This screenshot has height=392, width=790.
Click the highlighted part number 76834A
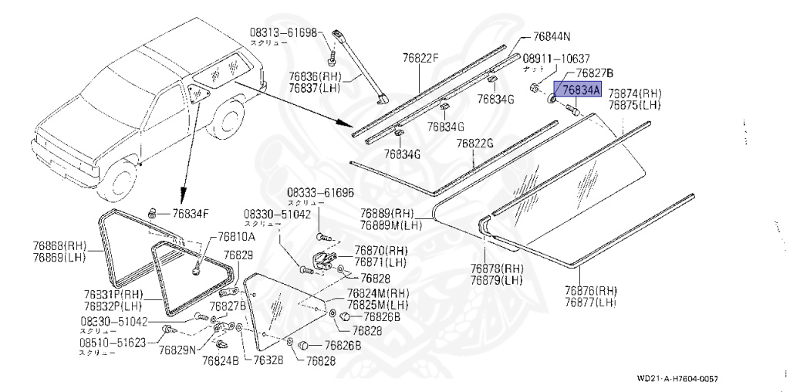pos(581,91)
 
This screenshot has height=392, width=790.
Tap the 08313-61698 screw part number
pos(283,32)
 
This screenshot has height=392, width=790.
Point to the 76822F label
pos(420,57)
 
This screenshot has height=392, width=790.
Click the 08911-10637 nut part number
pos(557,59)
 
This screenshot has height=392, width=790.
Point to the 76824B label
pos(221,359)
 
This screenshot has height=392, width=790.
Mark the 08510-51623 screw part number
pos(113,343)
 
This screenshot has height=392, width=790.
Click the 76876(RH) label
pos(590,291)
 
